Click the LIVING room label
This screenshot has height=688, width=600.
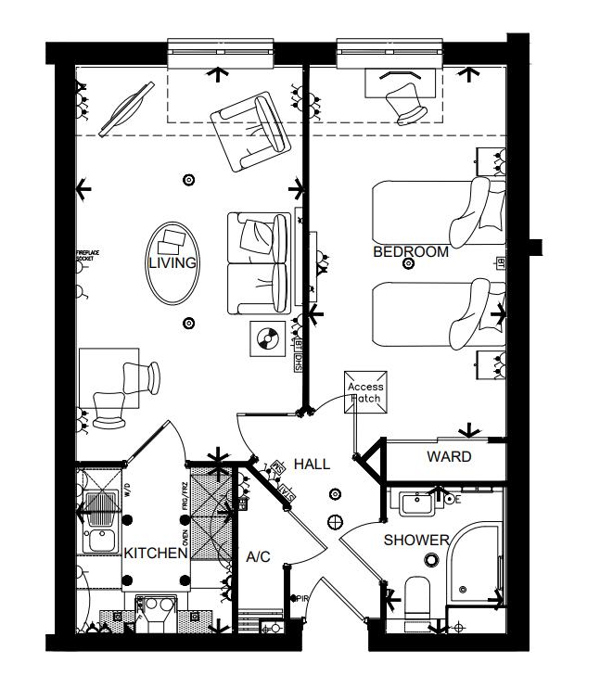(x=172, y=263)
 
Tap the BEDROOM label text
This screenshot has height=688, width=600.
(x=410, y=252)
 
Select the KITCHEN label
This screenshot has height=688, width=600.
(x=157, y=554)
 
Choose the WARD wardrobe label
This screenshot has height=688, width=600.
(x=448, y=457)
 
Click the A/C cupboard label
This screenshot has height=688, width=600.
(x=257, y=557)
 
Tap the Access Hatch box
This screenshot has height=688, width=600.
(x=364, y=392)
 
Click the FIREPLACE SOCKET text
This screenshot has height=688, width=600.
(x=85, y=256)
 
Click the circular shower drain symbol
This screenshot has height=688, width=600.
(x=430, y=559)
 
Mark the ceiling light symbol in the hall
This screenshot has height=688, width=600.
(x=336, y=520)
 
